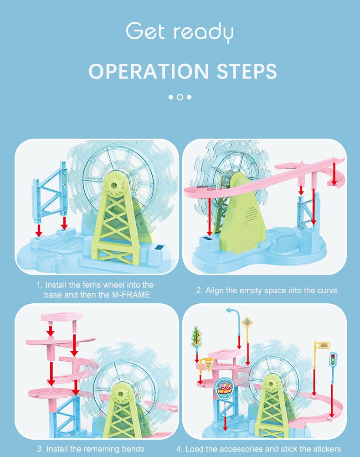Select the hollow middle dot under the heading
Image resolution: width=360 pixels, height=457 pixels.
180,97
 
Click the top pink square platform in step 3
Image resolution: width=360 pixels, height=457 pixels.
62,317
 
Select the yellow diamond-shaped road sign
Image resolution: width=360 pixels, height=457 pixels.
247,323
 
